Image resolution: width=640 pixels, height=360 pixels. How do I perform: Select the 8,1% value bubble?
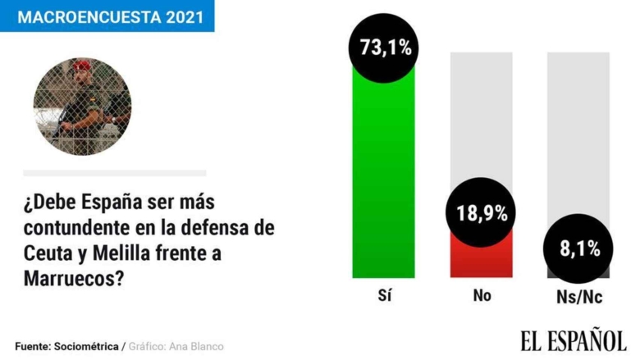click(x=578, y=248)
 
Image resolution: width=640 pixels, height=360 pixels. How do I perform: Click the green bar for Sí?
click(x=383, y=180)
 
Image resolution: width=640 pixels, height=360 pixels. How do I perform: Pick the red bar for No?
click(x=481, y=261)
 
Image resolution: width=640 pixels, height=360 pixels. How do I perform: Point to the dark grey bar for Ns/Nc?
click(x=578, y=272)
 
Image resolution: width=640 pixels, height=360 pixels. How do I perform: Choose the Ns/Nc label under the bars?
click(x=578, y=298)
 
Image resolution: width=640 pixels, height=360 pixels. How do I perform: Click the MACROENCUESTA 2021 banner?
click(x=107, y=16)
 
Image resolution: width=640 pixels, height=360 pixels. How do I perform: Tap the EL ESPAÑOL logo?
click(x=573, y=339)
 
